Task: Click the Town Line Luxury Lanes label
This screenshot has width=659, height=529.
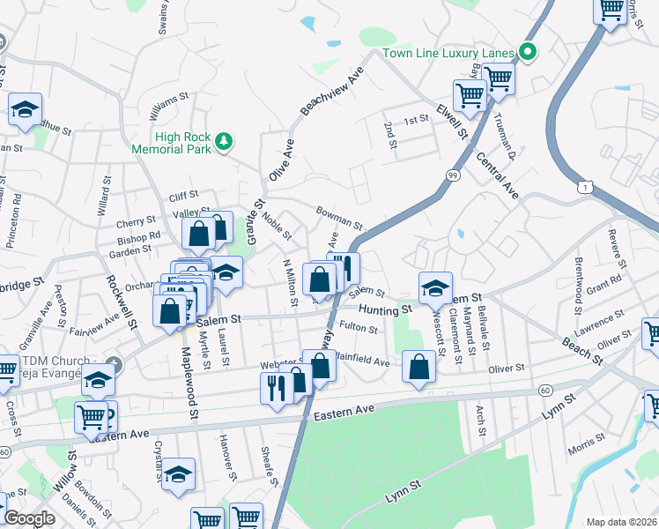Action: tap(448, 54)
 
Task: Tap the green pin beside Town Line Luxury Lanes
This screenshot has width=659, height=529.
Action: tap(528, 53)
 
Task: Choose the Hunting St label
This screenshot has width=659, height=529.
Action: tap(385, 309)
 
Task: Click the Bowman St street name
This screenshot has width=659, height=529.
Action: tap(339, 217)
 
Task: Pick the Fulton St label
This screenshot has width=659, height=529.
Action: tap(359, 329)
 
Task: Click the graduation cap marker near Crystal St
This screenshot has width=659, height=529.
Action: tap(178, 473)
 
